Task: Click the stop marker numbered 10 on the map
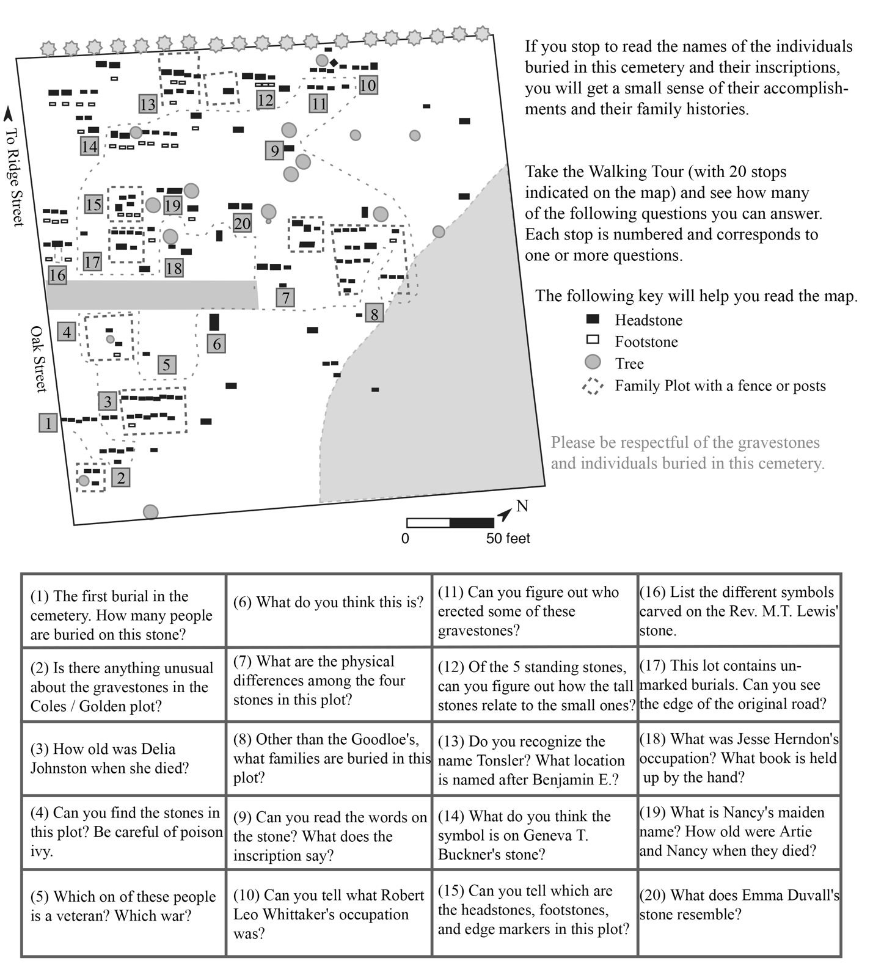pos(368,85)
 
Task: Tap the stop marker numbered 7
pos(285,298)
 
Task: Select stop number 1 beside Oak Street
pos(48,422)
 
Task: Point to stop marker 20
pos(243,223)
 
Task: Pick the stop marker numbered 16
pos(57,275)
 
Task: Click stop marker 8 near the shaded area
pos(374,313)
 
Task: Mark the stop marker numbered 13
pos(148,104)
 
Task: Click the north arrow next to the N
pos(504,515)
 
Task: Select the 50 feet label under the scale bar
pos(508,538)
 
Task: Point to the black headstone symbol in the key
pos(593,319)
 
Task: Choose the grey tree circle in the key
pos(593,362)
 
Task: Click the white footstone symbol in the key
pos(593,340)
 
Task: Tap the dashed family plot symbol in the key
pos(593,386)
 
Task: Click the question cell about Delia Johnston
pos(123,758)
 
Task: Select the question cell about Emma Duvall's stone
pos(739,905)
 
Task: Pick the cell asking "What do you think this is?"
pos(329,602)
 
